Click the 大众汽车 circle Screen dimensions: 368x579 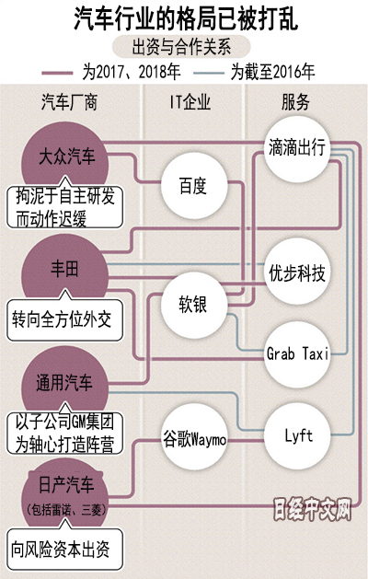(x=65, y=155)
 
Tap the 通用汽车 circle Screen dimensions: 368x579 (x=65, y=382)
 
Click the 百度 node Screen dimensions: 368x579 (x=194, y=186)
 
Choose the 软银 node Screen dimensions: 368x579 (x=194, y=305)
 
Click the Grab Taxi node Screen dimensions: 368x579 (x=297, y=354)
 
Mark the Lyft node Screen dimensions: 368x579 (x=297, y=436)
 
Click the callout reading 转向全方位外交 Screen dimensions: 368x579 (x=64, y=318)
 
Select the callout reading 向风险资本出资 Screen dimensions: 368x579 (x=64, y=548)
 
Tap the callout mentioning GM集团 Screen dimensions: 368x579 (x=64, y=432)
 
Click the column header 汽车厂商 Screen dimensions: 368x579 (x=69, y=102)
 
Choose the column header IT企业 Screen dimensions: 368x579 (x=190, y=102)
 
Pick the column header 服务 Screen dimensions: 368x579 (x=295, y=102)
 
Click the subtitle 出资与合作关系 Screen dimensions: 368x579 (x=181, y=47)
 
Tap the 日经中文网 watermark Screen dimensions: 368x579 (x=312, y=510)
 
